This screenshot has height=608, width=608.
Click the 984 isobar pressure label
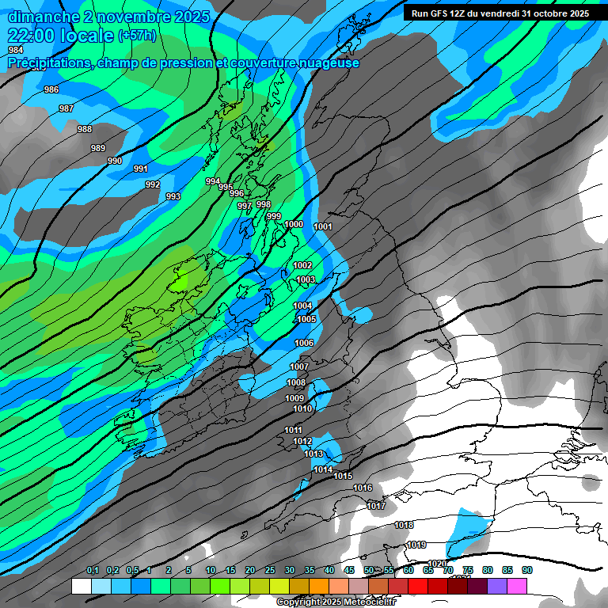tap(16, 50)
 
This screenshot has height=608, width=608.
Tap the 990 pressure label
tap(115, 161)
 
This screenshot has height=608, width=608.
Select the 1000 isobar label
tap(294, 224)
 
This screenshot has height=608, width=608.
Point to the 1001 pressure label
tap(323, 226)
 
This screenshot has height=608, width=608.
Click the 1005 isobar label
tap(306, 319)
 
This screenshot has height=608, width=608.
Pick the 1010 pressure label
tap(302, 408)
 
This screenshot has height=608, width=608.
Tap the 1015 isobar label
tap(343, 476)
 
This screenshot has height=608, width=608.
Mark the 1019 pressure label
tap(416, 545)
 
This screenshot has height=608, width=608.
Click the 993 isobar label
tap(173, 196)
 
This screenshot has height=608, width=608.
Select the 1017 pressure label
tap(376, 506)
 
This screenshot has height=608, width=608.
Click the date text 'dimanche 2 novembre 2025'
tap(108, 17)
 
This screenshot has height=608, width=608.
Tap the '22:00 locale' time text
tap(61, 36)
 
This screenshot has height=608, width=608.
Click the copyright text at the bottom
tap(336, 602)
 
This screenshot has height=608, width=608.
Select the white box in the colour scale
tap(81, 586)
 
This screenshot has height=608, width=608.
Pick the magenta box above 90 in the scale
tap(517, 586)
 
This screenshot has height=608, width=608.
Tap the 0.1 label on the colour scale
tap(93, 571)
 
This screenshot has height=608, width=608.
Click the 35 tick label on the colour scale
tap(310, 571)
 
